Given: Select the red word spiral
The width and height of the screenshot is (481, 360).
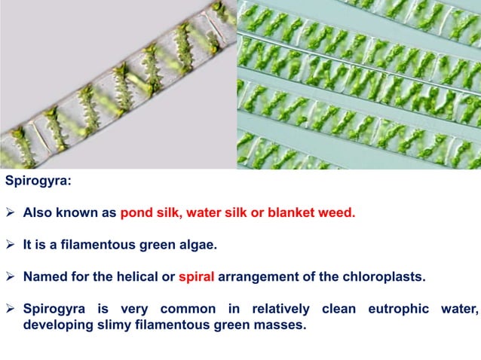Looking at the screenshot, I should pos(198,276).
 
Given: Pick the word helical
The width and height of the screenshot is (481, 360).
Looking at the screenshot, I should pos(136,276).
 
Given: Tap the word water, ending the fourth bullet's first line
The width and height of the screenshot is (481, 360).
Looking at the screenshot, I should pos(459,308).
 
